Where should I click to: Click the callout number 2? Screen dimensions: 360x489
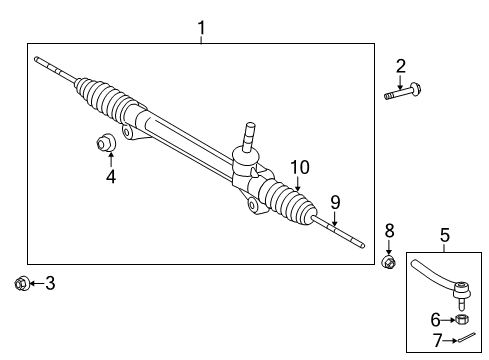click(x=401, y=67)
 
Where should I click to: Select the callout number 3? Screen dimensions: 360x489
click(x=50, y=284)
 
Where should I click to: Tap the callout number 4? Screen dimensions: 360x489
click(x=111, y=177)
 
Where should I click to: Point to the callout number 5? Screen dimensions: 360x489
click(x=445, y=236)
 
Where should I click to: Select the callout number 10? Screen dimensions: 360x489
click(x=298, y=166)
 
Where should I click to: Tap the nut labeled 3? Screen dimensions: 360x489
click(x=21, y=284)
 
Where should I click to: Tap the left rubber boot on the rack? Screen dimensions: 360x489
click(x=105, y=100)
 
